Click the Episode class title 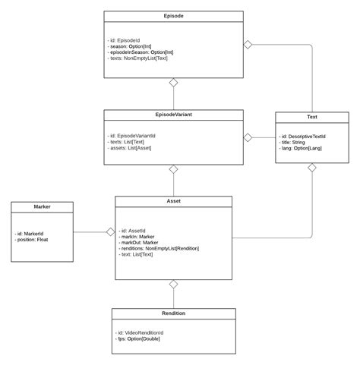(x=173, y=15)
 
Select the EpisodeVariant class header (x=173, y=115)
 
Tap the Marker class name (x=42, y=206)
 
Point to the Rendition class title (x=173, y=313)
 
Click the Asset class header (x=173, y=202)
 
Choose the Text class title (x=311, y=118)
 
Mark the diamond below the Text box (x=311, y=167)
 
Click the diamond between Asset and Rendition (x=173, y=284)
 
